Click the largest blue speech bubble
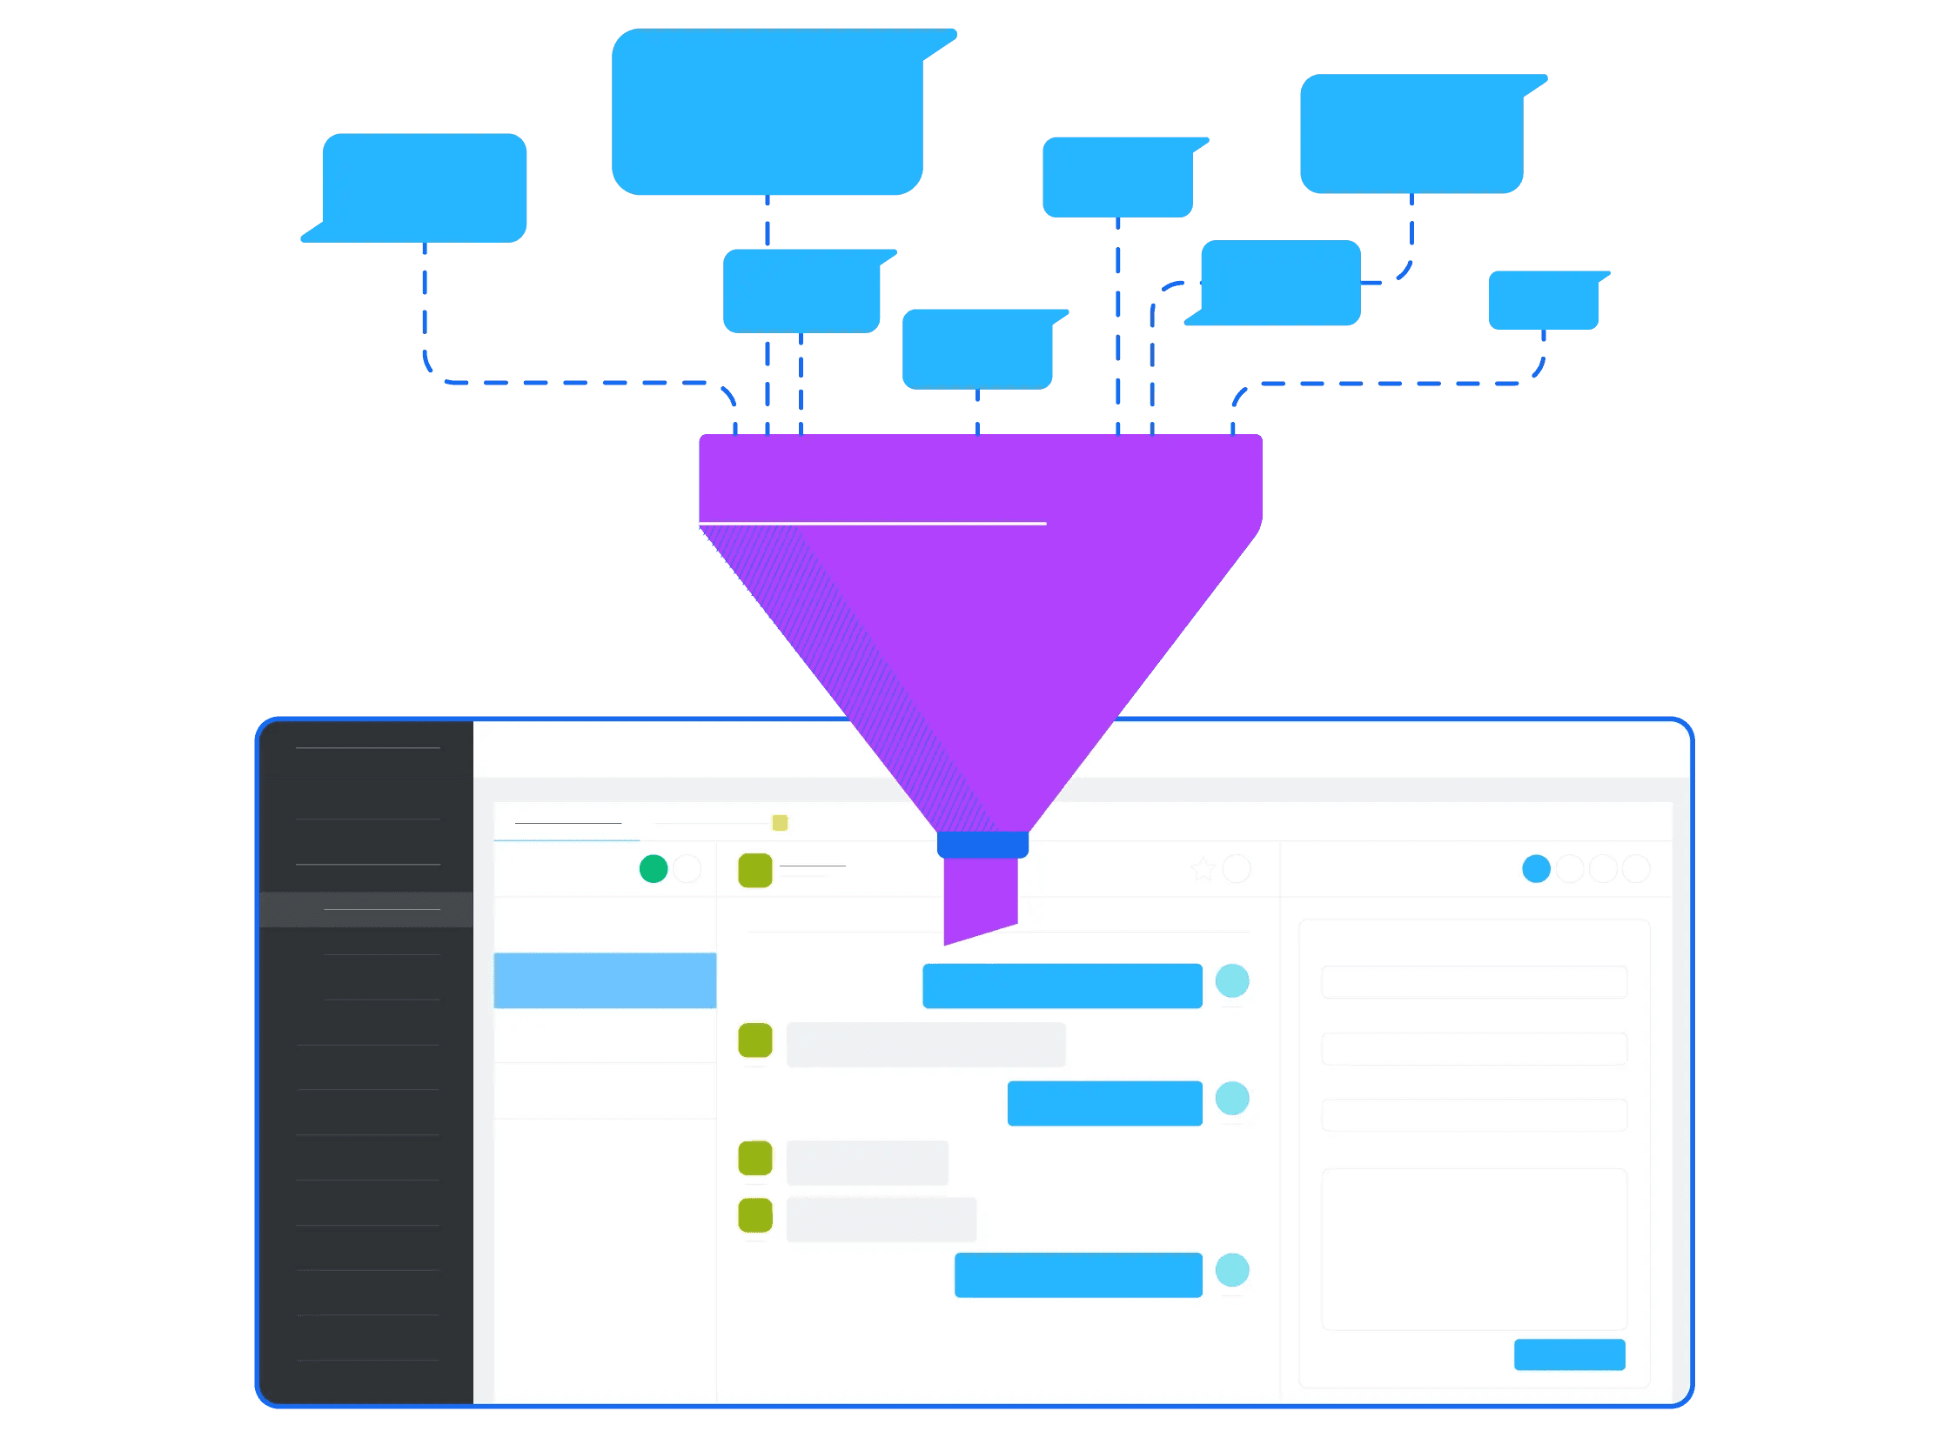tap(767, 111)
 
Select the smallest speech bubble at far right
tap(1543, 300)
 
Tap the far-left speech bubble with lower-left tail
tap(424, 188)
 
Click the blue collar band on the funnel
tap(982, 845)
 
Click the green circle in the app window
tap(653, 869)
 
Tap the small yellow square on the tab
tap(780, 823)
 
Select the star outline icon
tap(1203, 869)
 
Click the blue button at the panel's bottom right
tap(1569, 1354)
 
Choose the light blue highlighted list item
tap(605, 980)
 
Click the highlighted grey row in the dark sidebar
tap(366, 910)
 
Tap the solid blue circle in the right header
tap(1536, 869)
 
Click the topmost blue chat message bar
tap(1063, 986)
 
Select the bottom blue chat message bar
tap(1078, 1275)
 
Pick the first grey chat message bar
tap(925, 1045)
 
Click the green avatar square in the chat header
tap(754, 871)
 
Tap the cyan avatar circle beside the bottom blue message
tap(1232, 1270)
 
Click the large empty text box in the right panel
tap(1474, 1249)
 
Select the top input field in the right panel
tap(1474, 982)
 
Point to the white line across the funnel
tap(872, 523)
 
